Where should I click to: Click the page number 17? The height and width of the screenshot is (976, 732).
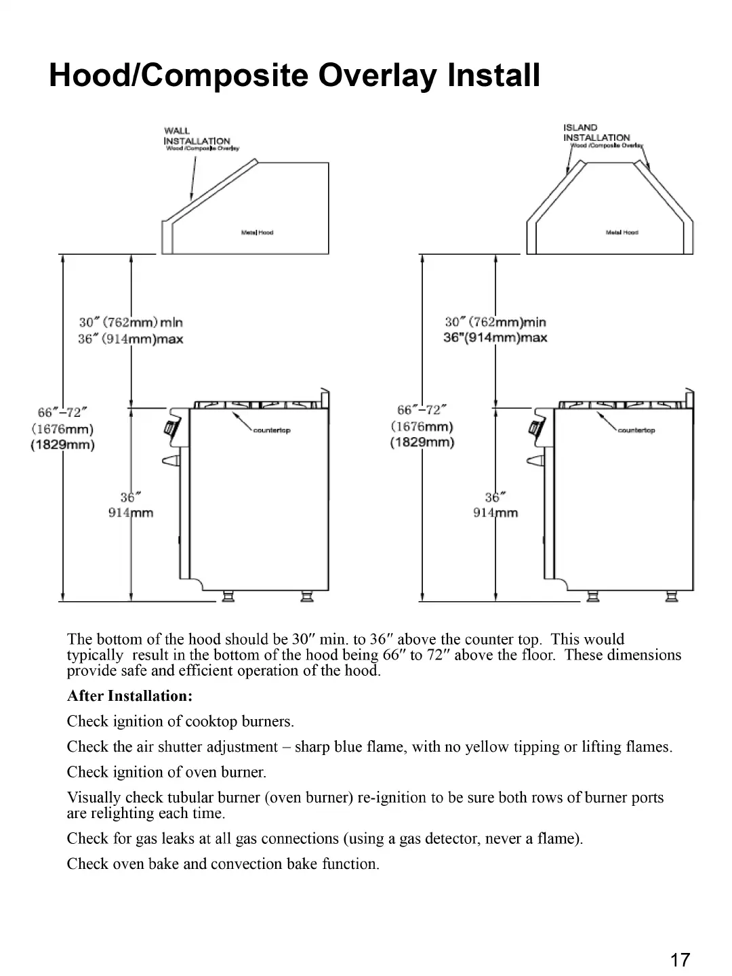point(680,960)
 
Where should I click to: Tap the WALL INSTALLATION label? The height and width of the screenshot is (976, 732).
point(197,136)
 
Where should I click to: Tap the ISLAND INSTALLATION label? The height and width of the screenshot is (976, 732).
point(596,133)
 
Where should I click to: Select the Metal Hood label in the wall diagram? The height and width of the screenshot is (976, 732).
point(257,232)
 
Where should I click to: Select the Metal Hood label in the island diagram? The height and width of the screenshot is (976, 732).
point(622,232)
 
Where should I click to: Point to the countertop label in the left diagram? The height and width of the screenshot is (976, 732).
point(271,431)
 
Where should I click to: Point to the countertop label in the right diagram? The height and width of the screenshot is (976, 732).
point(636,430)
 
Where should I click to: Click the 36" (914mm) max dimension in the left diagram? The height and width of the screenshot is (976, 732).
point(130,339)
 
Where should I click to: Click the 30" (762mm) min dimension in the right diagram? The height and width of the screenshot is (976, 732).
point(495,322)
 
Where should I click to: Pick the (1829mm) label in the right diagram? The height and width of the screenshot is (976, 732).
point(422,443)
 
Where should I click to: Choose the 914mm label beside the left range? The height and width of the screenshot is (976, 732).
point(131,513)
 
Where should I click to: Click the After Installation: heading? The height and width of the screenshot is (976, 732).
point(130,696)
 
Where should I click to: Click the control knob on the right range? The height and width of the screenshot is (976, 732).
point(535,428)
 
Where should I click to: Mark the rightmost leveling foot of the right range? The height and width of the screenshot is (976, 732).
point(672,596)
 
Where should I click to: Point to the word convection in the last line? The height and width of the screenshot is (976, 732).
point(247,863)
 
